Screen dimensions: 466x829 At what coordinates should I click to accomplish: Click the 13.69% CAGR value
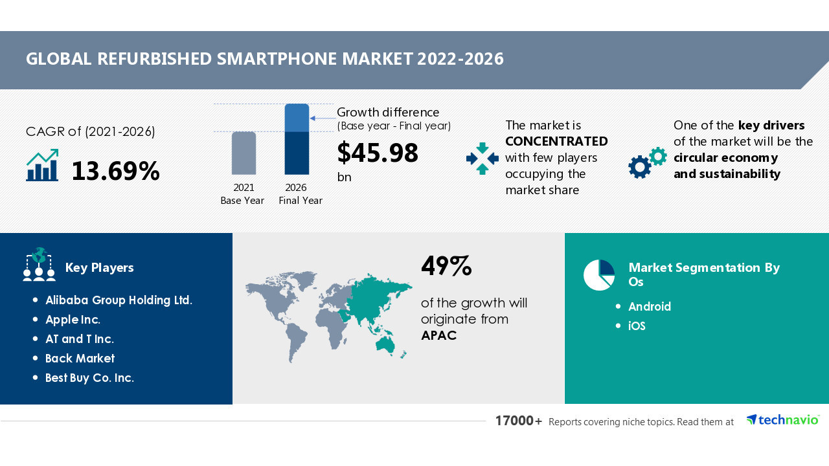pyautogui.click(x=115, y=171)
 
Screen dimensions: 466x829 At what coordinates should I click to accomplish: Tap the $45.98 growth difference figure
pyautogui.click(x=378, y=153)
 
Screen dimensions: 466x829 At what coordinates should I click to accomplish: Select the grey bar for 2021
pyautogui.click(x=244, y=153)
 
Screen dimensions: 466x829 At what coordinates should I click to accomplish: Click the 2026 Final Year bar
pyautogui.click(x=297, y=139)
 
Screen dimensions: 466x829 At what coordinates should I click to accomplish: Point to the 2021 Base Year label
pyautogui.click(x=243, y=194)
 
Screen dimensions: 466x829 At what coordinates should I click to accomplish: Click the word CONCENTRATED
pyautogui.click(x=556, y=141)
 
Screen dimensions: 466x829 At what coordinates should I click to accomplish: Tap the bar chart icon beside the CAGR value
pyautogui.click(x=42, y=166)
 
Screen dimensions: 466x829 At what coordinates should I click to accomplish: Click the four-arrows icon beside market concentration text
pyautogui.click(x=482, y=159)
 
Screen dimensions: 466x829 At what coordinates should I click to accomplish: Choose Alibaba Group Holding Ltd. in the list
pyautogui.click(x=119, y=300)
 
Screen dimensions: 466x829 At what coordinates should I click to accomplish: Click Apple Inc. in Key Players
pyautogui.click(x=73, y=320)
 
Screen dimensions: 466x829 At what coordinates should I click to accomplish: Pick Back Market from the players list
pyautogui.click(x=80, y=359)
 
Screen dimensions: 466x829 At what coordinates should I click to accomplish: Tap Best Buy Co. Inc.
pyautogui.click(x=89, y=378)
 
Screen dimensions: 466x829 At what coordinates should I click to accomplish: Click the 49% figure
pyautogui.click(x=446, y=266)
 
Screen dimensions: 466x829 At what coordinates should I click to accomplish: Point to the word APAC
pyautogui.click(x=438, y=335)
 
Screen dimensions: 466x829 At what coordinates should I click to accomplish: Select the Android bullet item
pyautogui.click(x=650, y=307)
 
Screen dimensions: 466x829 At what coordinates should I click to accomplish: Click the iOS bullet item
pyautogui.click(x=637, y=326)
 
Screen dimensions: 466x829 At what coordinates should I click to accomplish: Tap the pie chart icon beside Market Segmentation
pyautogui.click(x=599, y=275)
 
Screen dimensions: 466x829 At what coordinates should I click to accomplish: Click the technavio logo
pyautogui.click(x=782, y=420)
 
